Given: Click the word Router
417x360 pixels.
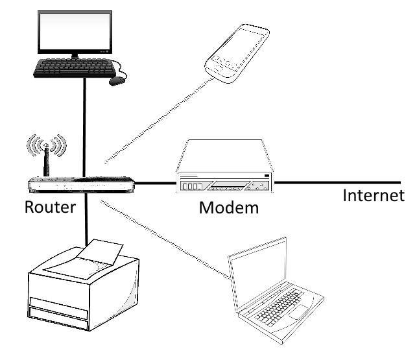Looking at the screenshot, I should [51, 208].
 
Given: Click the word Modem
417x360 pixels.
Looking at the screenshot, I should [228, 208].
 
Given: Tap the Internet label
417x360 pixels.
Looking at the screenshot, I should [373, 195].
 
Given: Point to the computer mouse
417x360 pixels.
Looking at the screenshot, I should [117, 81].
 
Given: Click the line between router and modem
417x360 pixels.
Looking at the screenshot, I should [156, 184].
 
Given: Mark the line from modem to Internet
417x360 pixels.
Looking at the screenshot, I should [337, 182].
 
